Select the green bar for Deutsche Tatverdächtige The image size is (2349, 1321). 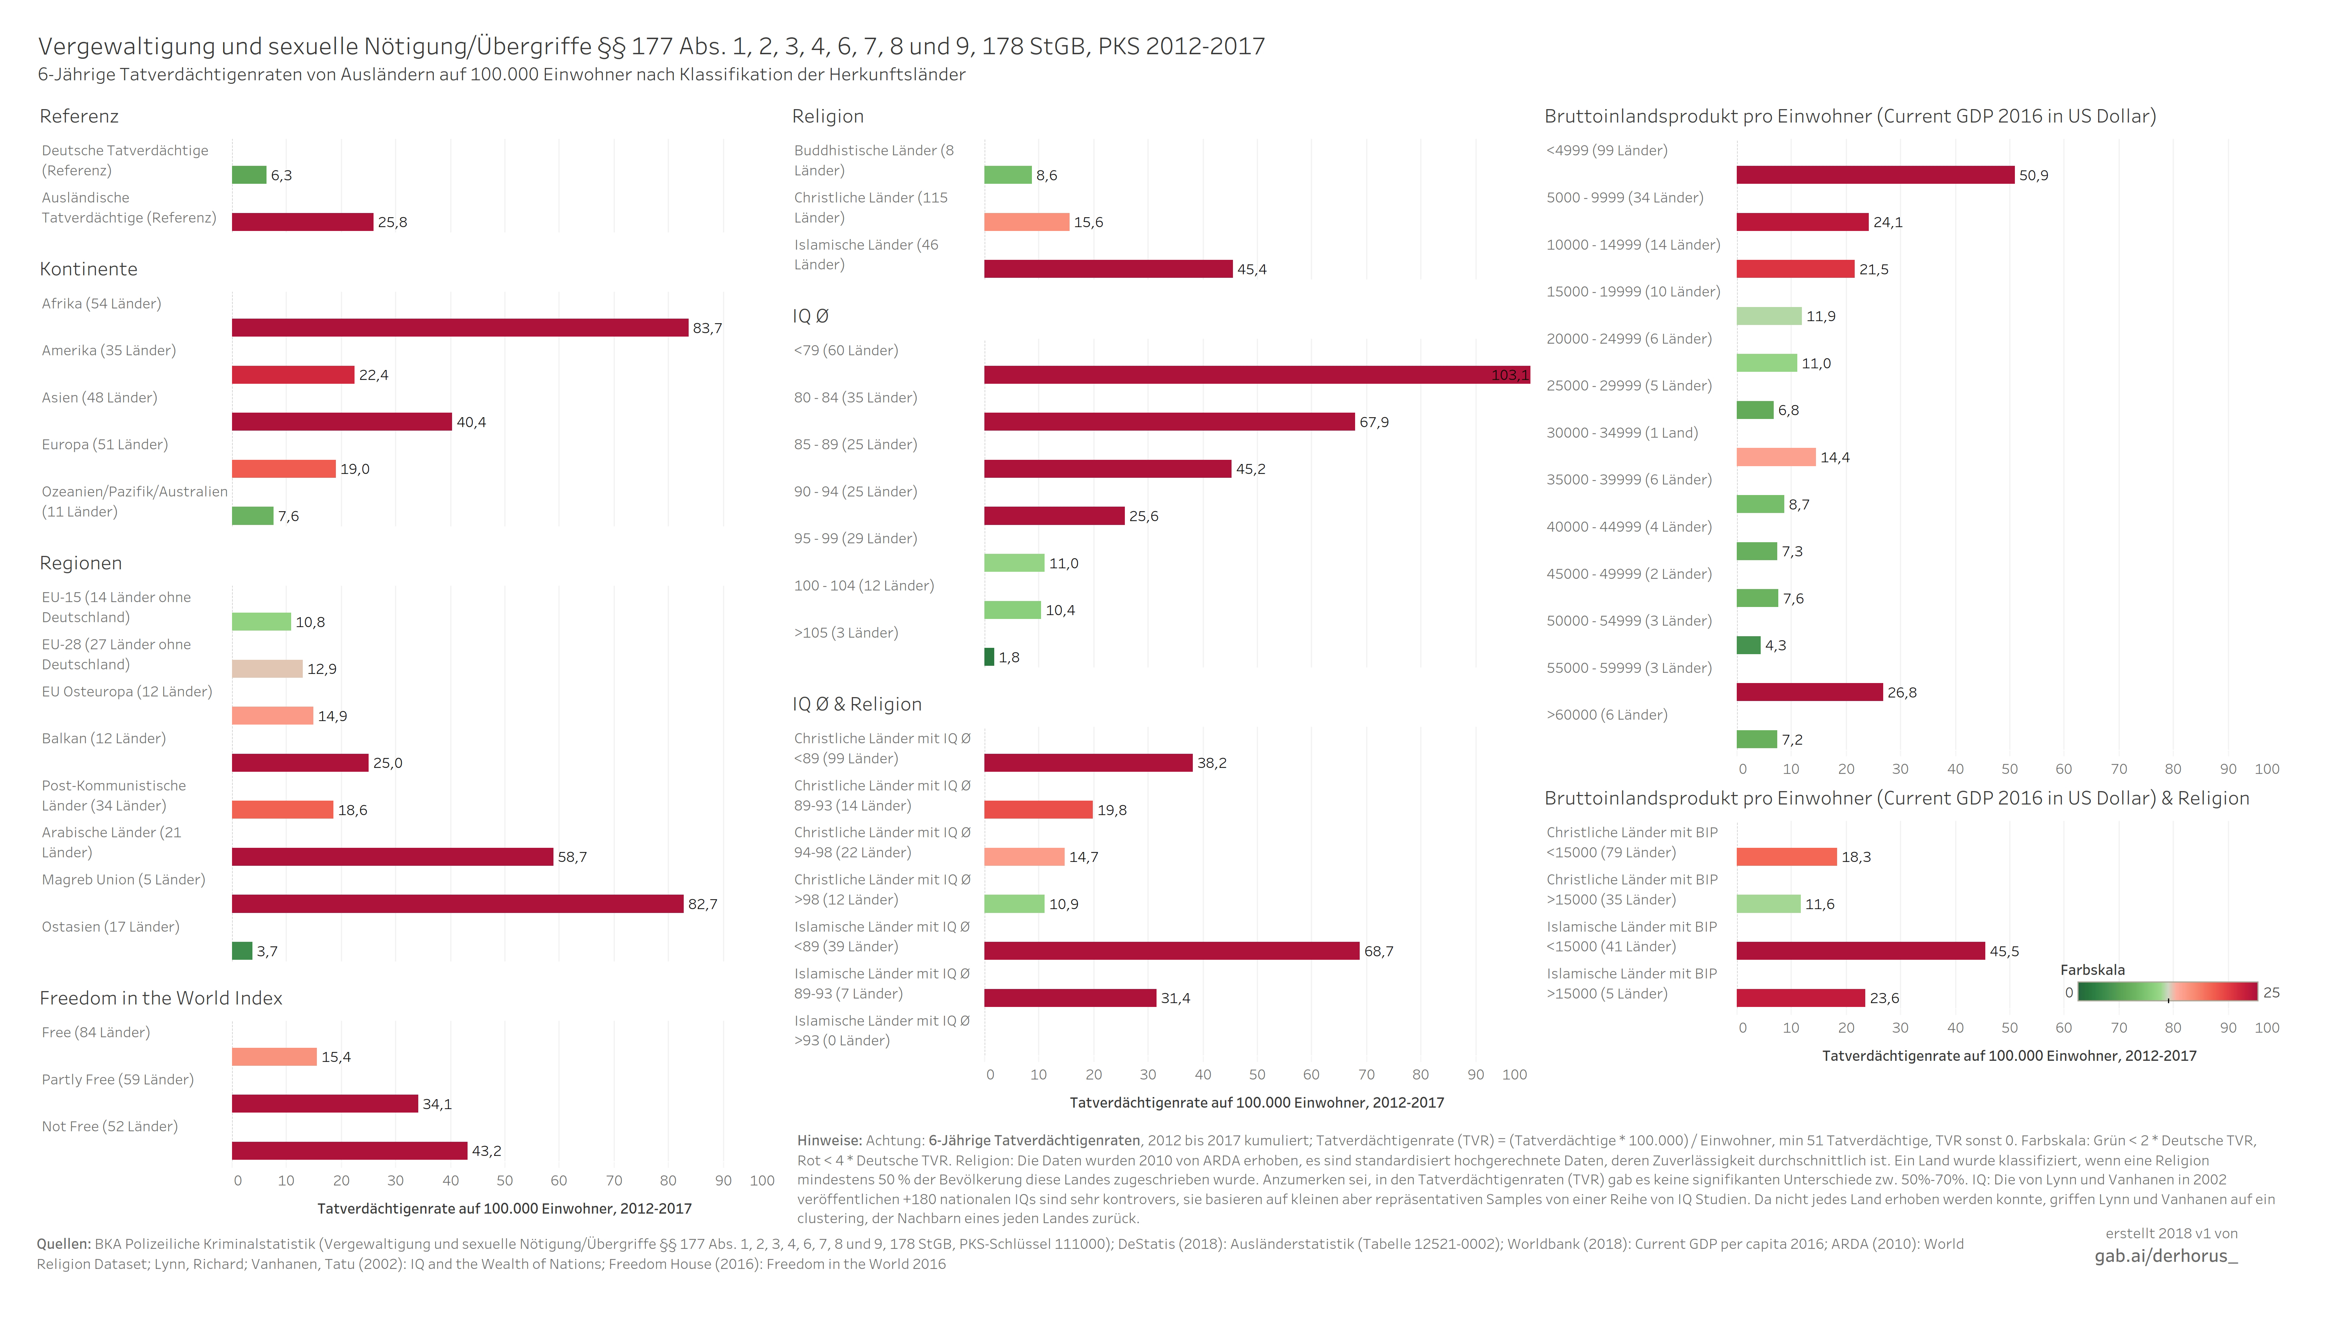[x=249, y=175]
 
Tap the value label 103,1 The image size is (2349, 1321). [x=1509, y=375]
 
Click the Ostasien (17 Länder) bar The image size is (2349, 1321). [x=242, y=951]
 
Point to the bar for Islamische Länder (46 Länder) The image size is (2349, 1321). [x=1108, y=269]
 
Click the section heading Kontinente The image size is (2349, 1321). [x=88, y=269]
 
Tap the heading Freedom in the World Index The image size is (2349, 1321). [x=161, y=998]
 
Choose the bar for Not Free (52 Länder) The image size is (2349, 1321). [x=349, y=1151]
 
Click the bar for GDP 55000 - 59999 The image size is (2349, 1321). [x=1809, y=692]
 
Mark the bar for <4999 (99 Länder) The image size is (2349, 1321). [x=1875, y=175]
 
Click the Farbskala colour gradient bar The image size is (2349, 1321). [x=2167, y=992]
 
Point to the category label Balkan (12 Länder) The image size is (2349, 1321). [x=104, y=738]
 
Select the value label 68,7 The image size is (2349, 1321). [x=1378, y=951]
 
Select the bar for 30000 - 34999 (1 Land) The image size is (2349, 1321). [x=1775, y=457]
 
